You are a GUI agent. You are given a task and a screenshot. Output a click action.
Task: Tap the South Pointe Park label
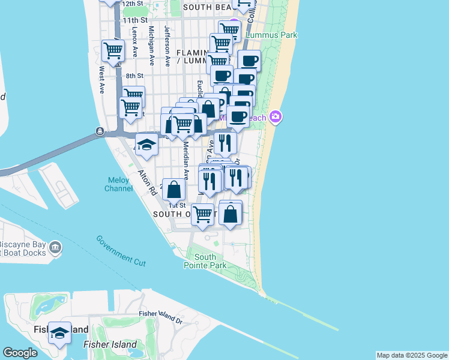point(205,261)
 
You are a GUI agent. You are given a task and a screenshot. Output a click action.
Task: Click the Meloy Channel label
point(119,184)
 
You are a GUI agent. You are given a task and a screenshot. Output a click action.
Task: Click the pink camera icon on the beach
point(276,116)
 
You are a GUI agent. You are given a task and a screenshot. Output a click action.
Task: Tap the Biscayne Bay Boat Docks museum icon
point(55,247)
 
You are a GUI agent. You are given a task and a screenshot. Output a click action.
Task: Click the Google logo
point(20,352)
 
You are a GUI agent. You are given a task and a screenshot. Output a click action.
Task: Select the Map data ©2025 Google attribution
point(412,355)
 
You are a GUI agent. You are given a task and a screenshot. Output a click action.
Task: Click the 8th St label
point(135,76)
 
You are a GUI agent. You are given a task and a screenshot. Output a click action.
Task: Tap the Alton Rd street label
point(147,182)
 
